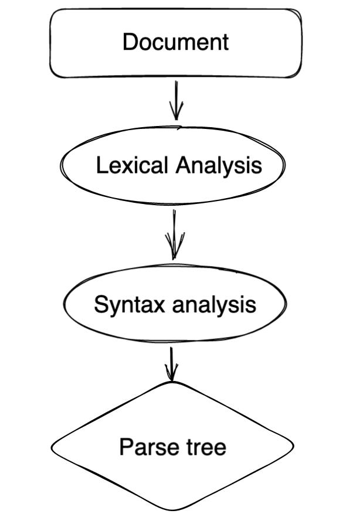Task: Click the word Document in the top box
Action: tap(175, 43)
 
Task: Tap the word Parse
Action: tap(141, 447)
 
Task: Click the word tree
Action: tap(204, 447)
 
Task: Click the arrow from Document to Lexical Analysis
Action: tap(176, 100)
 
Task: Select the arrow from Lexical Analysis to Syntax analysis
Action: tap(174, 232)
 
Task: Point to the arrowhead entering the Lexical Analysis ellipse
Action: tap(176, 115)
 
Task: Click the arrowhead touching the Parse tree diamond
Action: tap(171, 375)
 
